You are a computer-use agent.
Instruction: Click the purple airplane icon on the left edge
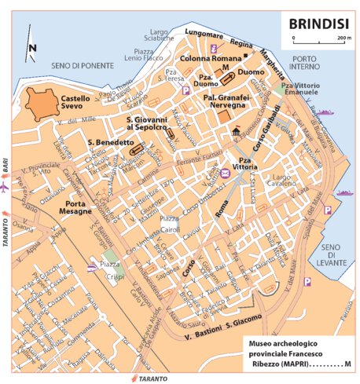click(6, 189)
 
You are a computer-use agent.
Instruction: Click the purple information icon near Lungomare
click(214, 48)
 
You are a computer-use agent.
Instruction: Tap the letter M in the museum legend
click(347, 363)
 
